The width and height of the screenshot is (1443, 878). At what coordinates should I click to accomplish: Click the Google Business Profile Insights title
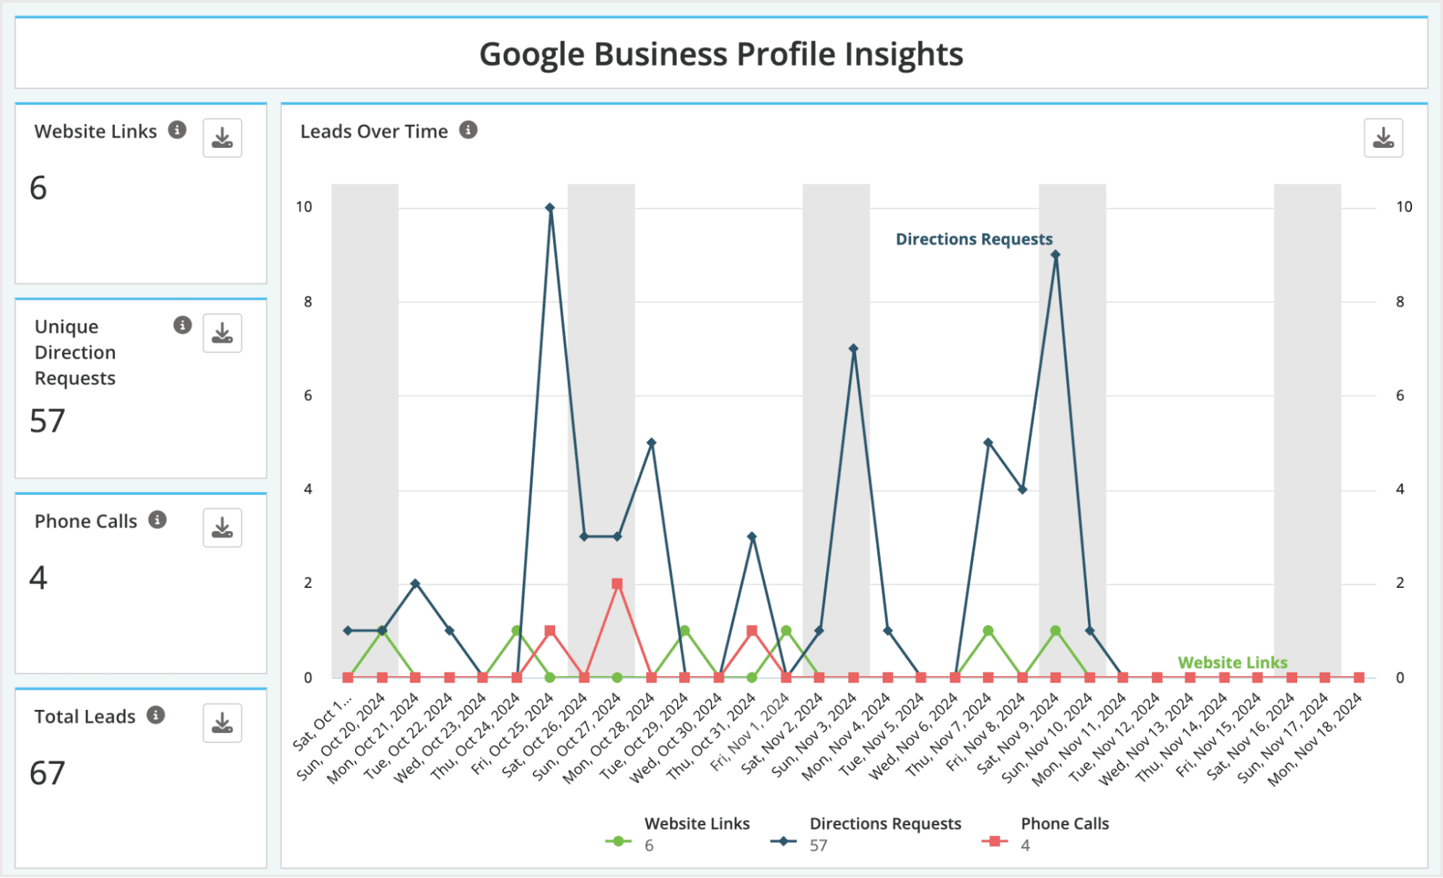point(721,54)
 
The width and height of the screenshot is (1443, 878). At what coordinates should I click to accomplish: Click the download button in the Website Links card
point(222,138)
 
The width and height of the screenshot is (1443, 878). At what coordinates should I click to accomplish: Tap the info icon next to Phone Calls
point(157,519)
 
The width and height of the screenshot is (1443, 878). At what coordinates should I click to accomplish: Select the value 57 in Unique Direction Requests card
point(48,421)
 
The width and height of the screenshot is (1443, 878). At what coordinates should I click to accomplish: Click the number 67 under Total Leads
point(48,773)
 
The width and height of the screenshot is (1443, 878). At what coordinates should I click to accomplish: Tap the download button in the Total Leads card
point(222,723)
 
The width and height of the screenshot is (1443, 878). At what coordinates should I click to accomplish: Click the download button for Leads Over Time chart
point(1383,138)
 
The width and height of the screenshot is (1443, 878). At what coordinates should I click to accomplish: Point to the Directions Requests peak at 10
point(550,208)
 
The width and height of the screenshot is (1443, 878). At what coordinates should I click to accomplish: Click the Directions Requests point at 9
point(1055,255)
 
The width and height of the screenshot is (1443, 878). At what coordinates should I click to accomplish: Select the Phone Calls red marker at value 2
point(617,584)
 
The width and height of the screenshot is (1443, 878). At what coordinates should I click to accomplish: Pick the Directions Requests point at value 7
point(853,348)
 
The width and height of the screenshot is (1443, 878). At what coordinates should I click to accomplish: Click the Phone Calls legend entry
point(1064,824)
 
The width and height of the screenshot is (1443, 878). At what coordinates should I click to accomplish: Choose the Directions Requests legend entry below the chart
point(885,824)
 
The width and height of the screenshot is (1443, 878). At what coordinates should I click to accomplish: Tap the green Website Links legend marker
point(618,841)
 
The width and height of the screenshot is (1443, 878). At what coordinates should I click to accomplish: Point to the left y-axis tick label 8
point(308,302)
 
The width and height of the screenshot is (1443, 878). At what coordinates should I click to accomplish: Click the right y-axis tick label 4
point(1400,489)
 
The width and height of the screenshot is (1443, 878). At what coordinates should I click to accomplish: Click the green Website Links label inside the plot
point(1232,662)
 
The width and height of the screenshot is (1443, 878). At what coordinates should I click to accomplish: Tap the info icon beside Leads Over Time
point(468,130)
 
